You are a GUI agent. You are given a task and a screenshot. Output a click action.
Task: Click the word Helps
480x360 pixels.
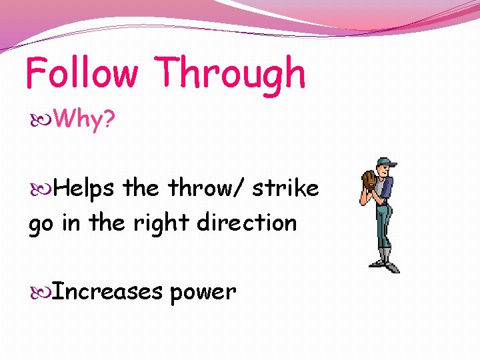[x=85, y=189]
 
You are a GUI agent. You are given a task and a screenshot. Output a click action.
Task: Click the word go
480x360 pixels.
[x=41, y=223]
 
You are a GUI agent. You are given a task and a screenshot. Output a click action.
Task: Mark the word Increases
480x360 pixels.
[x=107, y=291]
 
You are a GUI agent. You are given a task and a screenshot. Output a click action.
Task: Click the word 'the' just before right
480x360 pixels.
[x=107, y=223]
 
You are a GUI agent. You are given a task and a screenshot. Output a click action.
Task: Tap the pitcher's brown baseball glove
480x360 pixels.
[x=369, y=179]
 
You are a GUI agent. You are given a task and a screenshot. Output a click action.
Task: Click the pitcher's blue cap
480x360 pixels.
[x=386, y=162]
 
